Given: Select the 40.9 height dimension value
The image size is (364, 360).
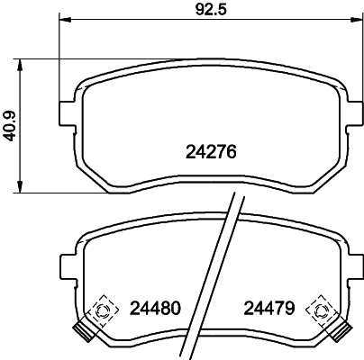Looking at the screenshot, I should [x=9, y=126].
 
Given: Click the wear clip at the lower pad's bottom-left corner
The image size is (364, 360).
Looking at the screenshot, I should [x=86, y=331].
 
